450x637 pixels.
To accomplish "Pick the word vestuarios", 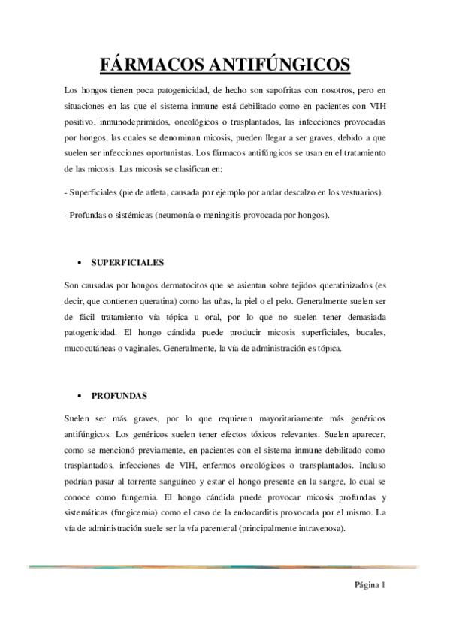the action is pyautogui.click(x=357, y=192).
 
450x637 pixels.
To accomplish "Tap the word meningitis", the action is pyautogui.click(x=213, y=215).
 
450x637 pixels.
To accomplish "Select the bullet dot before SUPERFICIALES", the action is pyautogui.click(x=80, y=264).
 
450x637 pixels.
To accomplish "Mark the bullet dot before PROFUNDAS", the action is pyautogui.click(x=80, y=396).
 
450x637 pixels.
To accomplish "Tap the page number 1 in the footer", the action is pyautogui.click(x=383, y=585).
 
